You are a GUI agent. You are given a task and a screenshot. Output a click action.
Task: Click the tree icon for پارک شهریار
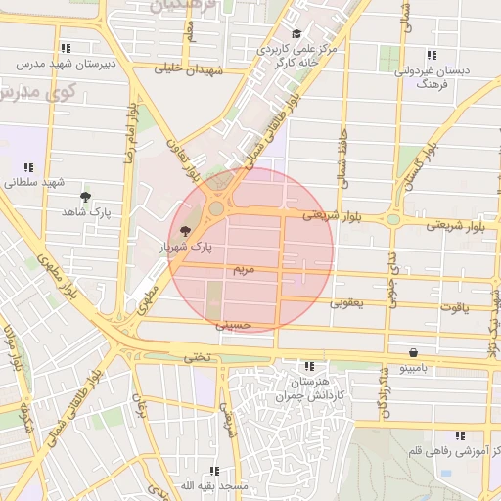click(x=186, y=231)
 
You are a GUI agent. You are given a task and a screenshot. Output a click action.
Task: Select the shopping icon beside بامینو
click(x=413, y=352)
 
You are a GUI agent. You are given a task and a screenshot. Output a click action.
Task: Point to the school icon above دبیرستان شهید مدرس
click(x=65, y=47)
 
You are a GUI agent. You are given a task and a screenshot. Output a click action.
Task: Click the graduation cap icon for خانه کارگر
click(x=296, y=35)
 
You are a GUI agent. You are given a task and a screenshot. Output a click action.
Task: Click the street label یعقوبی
click(x=344, y=303)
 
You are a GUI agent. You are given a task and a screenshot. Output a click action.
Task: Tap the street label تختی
click(x=198, y=358)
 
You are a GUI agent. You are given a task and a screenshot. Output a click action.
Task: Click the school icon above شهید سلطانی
click(x=28, y=167)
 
